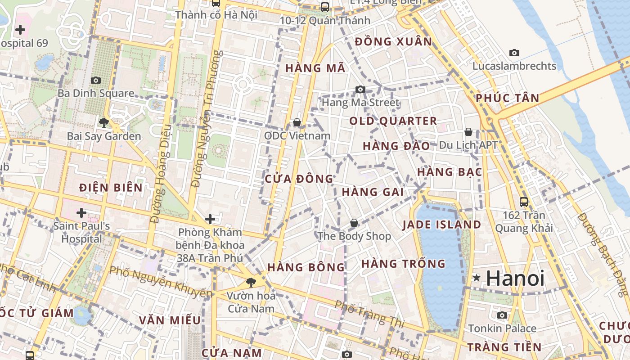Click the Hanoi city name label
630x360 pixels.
pos(515,279)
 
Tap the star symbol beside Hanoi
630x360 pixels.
pos(477,279)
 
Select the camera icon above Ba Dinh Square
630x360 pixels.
pos(96,80)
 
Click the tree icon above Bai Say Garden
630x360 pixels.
pos(104,122)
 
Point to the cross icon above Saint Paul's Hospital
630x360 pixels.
pos(81,212)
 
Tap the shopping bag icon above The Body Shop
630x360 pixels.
pos(354,223)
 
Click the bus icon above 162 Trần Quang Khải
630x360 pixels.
pos(524,202)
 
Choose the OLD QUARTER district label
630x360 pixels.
pos(393,121)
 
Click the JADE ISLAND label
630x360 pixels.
pos(441,225)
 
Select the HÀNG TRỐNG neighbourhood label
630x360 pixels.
pos(403,264)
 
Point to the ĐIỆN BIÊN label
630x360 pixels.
pos(111,188)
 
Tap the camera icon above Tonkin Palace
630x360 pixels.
pos(502,315)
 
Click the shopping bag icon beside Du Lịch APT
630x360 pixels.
pos(468,132)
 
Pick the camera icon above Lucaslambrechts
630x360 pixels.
pos(514,53)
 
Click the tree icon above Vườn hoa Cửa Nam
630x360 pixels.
pos(251,282)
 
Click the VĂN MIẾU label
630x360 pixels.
pos(170,320)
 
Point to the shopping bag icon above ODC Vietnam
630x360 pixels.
pos(297,122)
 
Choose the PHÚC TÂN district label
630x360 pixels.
pos(507,98)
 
